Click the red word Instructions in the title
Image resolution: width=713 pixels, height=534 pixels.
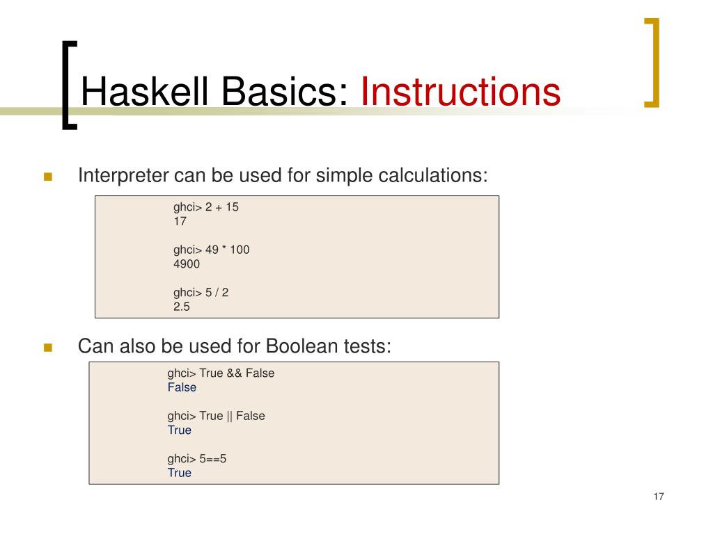[x=460, y=93]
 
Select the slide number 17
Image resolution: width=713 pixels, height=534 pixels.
[x=659, y=496]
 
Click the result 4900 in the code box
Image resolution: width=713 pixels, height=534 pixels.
[x=187, y=264]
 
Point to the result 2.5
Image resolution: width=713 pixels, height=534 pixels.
[x=182, y=306]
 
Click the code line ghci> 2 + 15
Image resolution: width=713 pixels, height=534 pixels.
[x=206, y=207]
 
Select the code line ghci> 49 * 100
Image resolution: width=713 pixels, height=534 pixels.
[x=211, y=250]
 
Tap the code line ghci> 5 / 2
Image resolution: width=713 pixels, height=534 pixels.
[x=201, y=293]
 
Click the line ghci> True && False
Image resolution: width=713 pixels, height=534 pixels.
[x=221, y=373]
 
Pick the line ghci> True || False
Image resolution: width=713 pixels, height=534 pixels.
[x=216, y=416]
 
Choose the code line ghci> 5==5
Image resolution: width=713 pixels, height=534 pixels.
[x=197, y=459]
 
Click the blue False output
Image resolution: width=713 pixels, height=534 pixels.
[x=182, y=387]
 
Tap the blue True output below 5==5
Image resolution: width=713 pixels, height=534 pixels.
[x=179, y=473]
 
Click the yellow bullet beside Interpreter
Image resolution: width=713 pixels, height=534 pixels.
[x=48, y=177]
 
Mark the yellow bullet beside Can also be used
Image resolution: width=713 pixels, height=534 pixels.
[x=48, y=348]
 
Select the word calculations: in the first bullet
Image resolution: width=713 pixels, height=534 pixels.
[x=433, y=175]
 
